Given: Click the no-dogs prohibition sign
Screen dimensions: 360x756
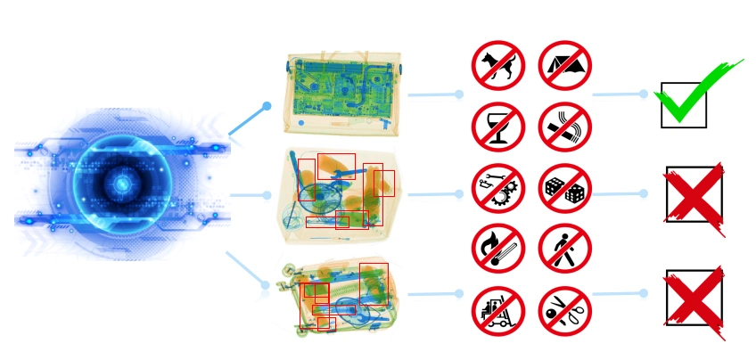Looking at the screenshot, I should (x=497, y=66).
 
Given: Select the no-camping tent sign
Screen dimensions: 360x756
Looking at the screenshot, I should (x=564, y=66).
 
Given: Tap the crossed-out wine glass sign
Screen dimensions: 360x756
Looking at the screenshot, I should (x=497, y=127).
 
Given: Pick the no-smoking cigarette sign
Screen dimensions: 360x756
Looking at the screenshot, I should (x=564, y=127).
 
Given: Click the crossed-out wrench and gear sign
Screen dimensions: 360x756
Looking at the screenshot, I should (x=497, y=189).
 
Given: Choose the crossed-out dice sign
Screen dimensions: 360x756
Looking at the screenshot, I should (x=564, y=189).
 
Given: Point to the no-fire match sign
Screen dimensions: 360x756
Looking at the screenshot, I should (x=497, y=249).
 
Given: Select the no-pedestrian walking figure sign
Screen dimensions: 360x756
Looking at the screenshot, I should (x=564, y=249).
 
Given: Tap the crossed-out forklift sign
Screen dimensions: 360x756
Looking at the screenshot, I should (x=497, y=311).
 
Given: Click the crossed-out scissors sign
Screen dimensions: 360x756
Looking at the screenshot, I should (x=564, y=311).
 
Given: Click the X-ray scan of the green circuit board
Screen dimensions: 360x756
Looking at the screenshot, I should (x=343, y=94).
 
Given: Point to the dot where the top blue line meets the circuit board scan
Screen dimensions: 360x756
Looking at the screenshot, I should (x=267, y=106).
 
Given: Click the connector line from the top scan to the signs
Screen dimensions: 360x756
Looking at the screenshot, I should (x=432, y=94).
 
